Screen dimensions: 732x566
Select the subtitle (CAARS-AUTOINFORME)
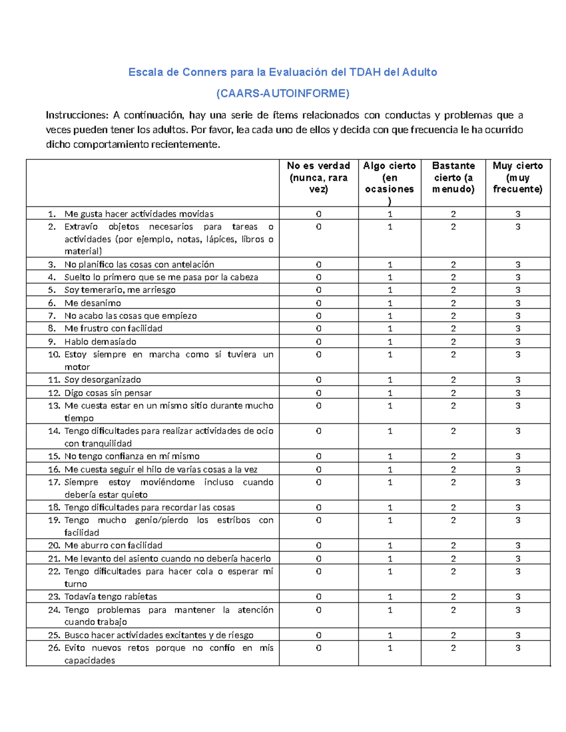283,93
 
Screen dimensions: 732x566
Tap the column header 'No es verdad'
318,177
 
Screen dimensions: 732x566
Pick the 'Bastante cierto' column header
453,177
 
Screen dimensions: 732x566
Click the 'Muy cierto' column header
517,177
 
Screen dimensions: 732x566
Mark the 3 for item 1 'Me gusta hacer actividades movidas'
517,214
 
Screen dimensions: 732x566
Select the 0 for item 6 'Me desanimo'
318,303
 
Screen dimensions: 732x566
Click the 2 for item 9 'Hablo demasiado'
453,342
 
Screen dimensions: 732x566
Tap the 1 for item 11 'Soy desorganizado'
390,380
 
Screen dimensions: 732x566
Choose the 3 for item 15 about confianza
517,456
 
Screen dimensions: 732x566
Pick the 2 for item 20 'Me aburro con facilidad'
453,545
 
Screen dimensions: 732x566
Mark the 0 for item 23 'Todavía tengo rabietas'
318,597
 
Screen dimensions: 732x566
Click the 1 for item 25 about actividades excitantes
390,635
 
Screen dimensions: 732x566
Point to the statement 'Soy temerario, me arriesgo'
120,290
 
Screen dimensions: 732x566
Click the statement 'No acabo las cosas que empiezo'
131,316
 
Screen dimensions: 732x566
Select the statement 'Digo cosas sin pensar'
108,393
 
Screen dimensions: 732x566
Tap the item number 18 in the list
54,508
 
